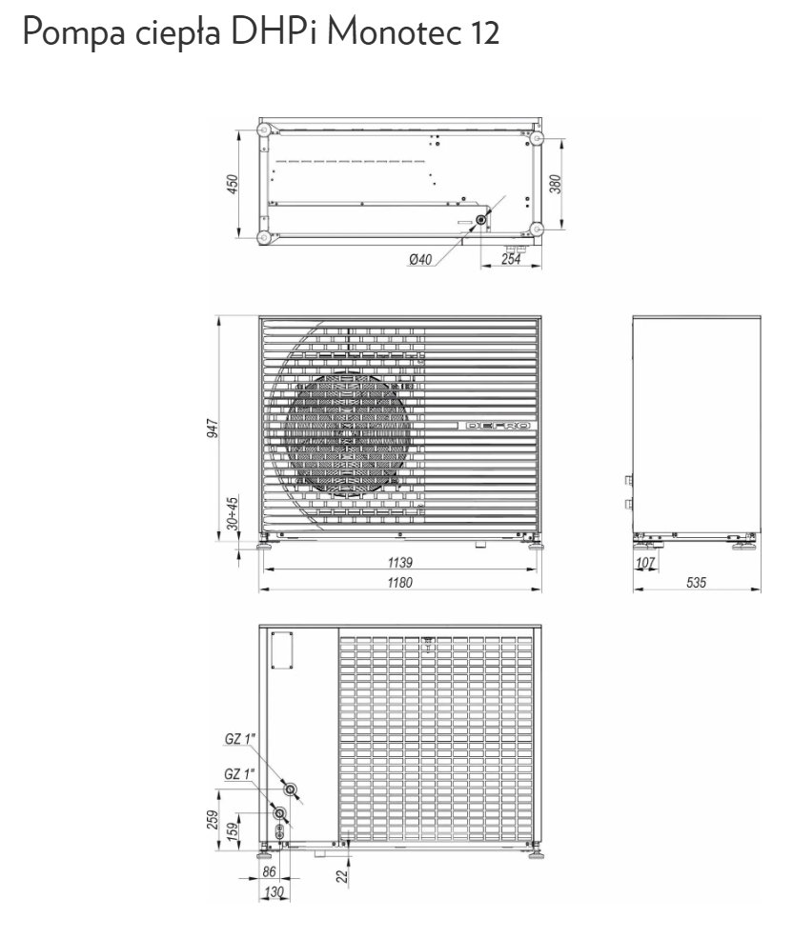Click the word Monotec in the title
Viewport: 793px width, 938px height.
(x=396, y=31)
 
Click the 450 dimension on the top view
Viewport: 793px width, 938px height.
(x=233, y=184)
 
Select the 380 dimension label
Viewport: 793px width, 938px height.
(x=556, y=184)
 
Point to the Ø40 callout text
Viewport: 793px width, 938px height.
(x=420, y=259)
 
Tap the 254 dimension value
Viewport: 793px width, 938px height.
(x=511, y=259)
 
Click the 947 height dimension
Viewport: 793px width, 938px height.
(x=213, y=429)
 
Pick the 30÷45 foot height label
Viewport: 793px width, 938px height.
(x=232, y=512)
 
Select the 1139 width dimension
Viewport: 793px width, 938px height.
(x=399, y=562)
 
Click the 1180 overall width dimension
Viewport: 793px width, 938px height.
(x=399, y=582)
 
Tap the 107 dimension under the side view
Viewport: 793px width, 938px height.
(x=645, y=562)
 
